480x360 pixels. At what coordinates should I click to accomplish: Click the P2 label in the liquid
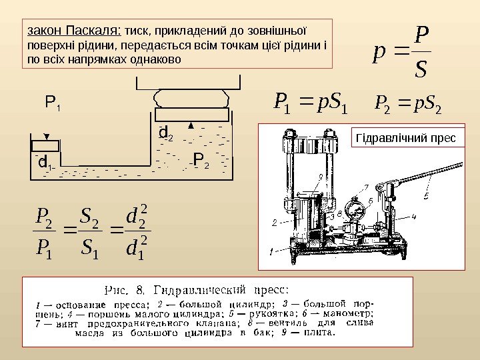(200, 160)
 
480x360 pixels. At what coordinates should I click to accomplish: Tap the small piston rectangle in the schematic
(46, 145)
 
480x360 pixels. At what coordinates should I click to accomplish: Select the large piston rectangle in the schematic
(191, 115)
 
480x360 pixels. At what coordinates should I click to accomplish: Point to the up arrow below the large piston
(191, 125)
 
